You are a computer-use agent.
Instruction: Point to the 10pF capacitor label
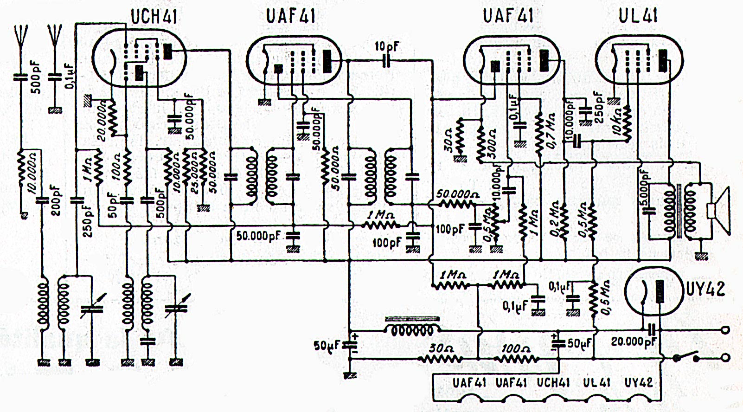(387, 46)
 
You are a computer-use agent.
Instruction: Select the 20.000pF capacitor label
(633, 342)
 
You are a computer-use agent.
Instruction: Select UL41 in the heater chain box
(596, 383)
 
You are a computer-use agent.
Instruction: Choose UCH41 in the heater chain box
(553, 383)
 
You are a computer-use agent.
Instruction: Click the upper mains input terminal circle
(726, 330)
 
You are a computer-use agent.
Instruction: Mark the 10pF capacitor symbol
(386, 61)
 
